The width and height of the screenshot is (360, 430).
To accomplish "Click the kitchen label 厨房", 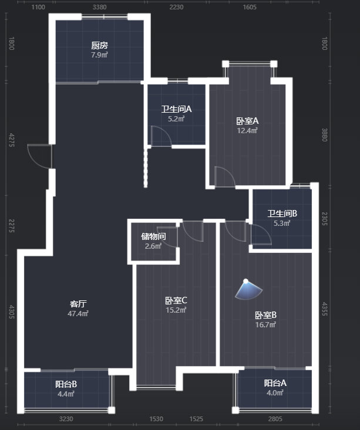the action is (99, 45).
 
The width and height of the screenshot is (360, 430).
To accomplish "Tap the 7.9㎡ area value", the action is (99, 55).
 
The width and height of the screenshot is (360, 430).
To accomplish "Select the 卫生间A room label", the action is (176, 109).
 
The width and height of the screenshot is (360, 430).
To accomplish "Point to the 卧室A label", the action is (247, 121).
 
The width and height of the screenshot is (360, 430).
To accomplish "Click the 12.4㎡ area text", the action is (247, 131).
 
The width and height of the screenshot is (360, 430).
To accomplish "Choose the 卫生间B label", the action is (282, 214).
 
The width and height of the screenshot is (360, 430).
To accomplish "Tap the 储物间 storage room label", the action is (153, 236).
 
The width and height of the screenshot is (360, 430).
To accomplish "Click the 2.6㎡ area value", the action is (153, 246).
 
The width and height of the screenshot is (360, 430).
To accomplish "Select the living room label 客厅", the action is (78, 303).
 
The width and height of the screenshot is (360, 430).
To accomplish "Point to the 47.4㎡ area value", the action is (78, 313).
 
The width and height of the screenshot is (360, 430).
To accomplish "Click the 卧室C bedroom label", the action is (176, 300).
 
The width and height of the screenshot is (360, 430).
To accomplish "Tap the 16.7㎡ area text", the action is (265, 324).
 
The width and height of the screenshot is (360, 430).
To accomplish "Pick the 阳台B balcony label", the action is (66, 384).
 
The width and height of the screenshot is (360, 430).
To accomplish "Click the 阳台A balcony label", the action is (275, 383).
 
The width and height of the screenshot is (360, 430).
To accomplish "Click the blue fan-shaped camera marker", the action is (248, 290).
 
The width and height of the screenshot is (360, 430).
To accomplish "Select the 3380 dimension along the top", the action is (99, 7).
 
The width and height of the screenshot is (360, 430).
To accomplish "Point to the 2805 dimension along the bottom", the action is (275, 419).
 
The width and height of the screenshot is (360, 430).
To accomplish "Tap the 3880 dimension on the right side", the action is (325, 135).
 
